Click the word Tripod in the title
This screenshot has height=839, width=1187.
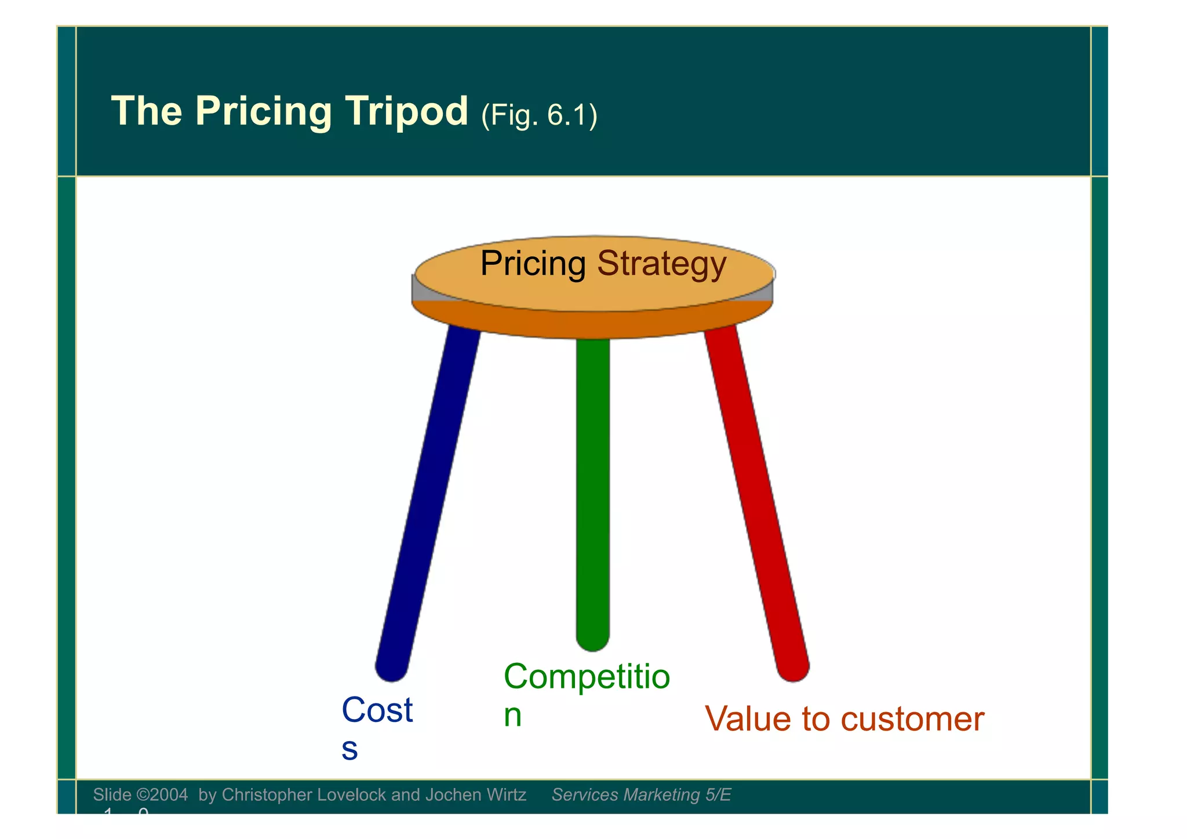(x=406, y=111)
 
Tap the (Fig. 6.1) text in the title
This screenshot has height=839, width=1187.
(x=539, y=114)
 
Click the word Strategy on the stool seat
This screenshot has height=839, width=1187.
(x=661, y=264)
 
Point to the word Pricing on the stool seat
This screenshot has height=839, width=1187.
(x=533, y=264)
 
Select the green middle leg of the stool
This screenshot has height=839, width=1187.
(x=592, y=493)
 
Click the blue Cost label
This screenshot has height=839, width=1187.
(x=377, y=710)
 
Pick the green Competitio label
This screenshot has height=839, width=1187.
(x=587, y=676)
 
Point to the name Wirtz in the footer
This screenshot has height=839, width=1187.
(x=505, y=794)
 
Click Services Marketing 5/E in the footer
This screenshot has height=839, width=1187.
(x=641, y=794)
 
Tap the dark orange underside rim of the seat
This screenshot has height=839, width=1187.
(x=592, y=324)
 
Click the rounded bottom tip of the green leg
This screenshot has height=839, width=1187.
(x=592, y=640)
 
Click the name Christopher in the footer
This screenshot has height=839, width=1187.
(x=258, y=794)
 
